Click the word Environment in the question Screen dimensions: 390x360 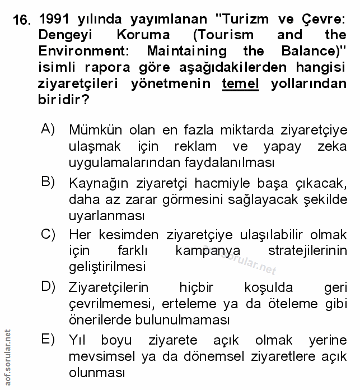(x=85, y=51)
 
